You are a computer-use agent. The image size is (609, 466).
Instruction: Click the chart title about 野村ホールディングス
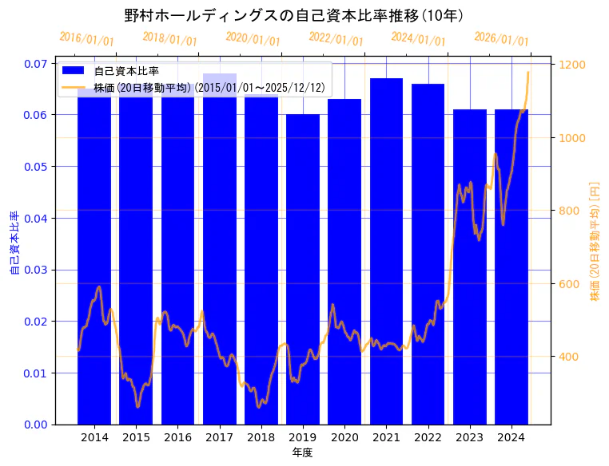tap(295, 15)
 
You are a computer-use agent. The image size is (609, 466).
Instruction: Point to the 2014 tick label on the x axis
tap(94, 437)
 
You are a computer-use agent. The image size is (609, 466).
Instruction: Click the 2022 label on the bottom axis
tap(428, 437)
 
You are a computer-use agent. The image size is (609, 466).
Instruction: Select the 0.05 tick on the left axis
tap(34, 167)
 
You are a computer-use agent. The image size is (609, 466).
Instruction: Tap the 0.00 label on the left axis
tap(34, 425)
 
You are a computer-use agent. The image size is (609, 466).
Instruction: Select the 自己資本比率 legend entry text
tap(126, 72)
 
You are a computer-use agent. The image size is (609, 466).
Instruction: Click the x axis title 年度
tap(302, 452)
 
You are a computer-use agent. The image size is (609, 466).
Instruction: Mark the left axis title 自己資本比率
tap(14, 243)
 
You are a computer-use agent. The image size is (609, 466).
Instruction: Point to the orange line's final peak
tap(527, 73)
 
